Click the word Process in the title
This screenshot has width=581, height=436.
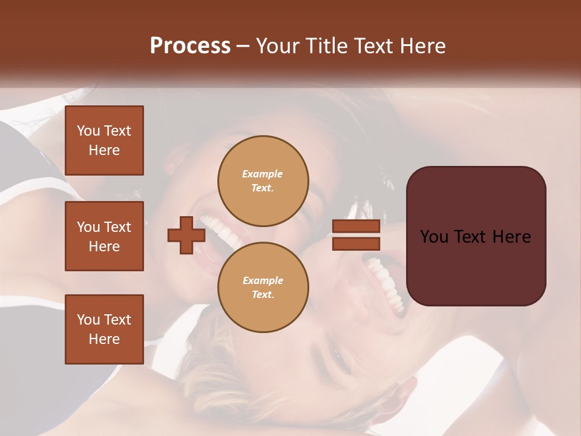(x=190, y=46)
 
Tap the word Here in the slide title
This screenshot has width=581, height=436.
(x=421, y=46)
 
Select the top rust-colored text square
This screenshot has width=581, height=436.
(x=104, y=140)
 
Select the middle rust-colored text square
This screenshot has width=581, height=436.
(x=104, y=236)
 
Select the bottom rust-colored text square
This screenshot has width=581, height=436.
(x=104, y=329)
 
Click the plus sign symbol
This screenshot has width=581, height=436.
(x=186, y=235)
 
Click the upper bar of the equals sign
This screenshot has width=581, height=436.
(x=356, y=226)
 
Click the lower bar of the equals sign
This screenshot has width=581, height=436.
(x=356, y=244)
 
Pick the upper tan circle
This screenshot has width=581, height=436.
(x=263, y=180)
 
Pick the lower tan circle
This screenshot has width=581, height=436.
(x=263, y=287)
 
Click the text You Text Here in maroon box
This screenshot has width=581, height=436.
(x=476, y=237)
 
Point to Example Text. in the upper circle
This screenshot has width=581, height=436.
(x=263, y=180)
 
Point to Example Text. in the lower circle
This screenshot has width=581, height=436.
(x=263, y=287)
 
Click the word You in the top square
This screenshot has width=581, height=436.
(x=88, y=131)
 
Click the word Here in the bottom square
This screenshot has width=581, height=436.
(x=104, y=339)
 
